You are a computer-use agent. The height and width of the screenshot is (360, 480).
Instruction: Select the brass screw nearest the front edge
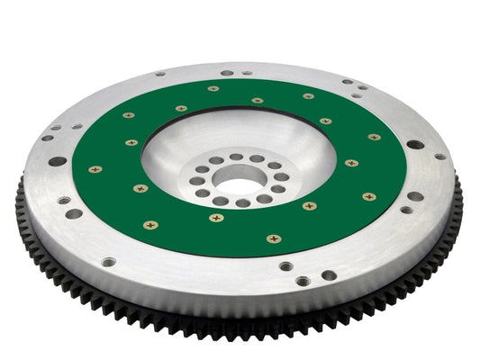(x=274, y=238)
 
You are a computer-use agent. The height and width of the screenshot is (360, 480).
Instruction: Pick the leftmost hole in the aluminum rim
(x=46, y=138)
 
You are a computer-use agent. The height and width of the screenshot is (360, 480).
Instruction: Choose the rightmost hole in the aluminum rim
(x=440, y=157)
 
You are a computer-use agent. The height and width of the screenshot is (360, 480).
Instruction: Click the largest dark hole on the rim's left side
(x=58, y=162)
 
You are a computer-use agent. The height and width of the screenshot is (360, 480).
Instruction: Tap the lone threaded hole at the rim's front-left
(x=109, y=262)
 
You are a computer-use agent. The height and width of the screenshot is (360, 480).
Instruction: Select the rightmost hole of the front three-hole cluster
(x=329, y=275)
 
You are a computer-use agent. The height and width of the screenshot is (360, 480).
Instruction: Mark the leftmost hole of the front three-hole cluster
(x=285, y=267)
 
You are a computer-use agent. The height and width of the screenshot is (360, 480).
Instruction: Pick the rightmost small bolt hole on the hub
(x=284, y=177)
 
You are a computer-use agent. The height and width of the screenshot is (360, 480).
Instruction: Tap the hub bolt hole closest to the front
(x=243, y=203)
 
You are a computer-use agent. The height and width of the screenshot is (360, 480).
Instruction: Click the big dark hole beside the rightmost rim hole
(x=415, y=144)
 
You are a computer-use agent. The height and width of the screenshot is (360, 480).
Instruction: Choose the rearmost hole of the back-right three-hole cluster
(x=348, y=82)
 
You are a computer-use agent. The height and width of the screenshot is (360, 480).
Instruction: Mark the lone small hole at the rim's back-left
(x=159, y=74)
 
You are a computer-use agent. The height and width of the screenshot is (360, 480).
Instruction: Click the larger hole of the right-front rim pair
(x=415, y=196)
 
